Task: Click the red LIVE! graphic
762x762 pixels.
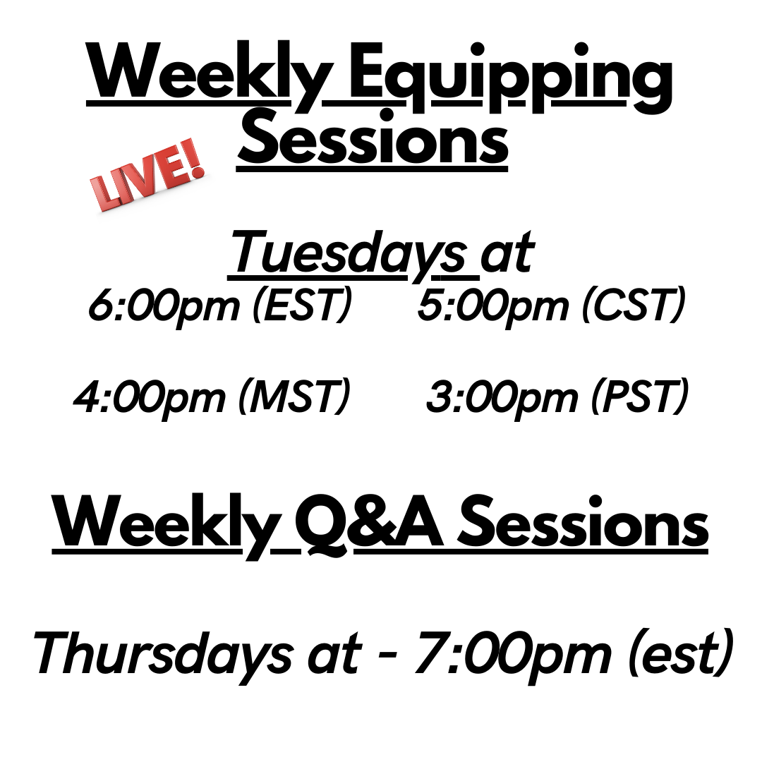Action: [147, 175]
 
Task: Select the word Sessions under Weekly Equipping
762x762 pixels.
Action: [373, 138]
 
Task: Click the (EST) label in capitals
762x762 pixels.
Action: [302, 305]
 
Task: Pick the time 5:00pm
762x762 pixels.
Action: [492, 306]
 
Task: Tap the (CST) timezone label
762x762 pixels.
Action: [634, 305]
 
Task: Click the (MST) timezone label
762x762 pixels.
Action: [294, 396]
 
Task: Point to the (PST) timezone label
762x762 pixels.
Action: [640, 396]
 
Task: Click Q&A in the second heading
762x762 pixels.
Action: [370, 524]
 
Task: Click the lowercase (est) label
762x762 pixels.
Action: [680, 653]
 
